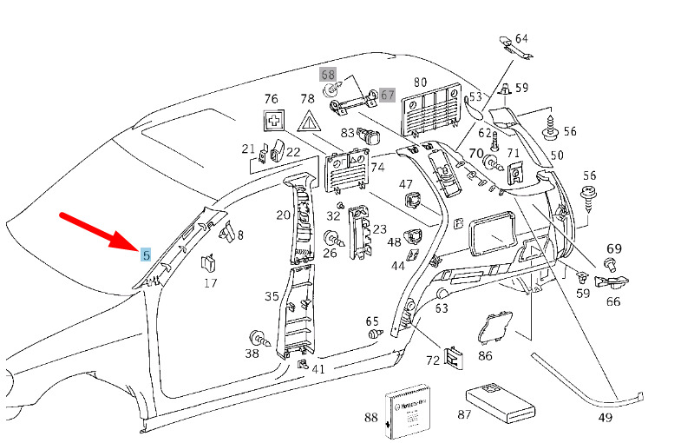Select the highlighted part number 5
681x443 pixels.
coord(146,255)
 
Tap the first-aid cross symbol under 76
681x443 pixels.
coord(275,122)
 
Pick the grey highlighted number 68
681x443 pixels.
coord(328,76)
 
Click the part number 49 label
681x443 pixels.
coord(605,418)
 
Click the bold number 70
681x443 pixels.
coord(475,154)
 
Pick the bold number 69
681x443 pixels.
coord(614,249)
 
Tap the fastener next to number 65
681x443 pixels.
coord(376,334)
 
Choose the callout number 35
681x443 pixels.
coord(272,296)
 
